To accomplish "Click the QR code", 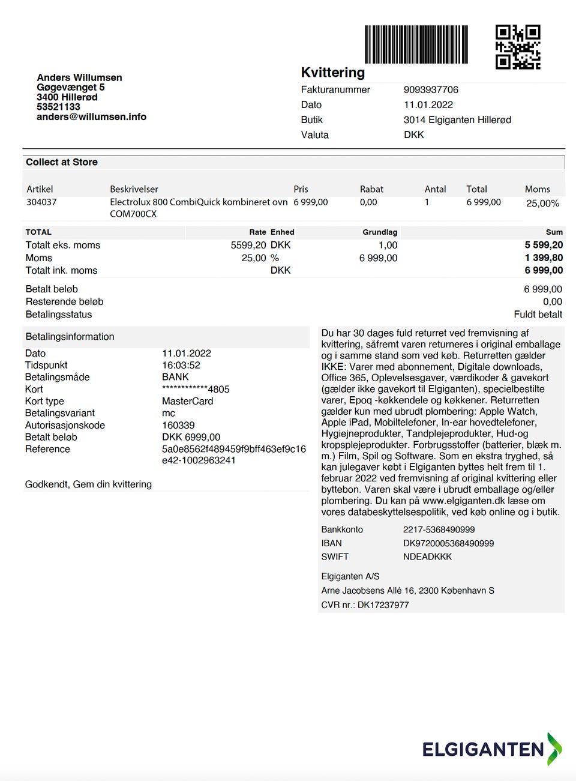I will click(x=518, y=47).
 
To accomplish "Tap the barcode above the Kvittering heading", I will click(x=416, y=44).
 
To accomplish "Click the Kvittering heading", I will click(x=332, y=73).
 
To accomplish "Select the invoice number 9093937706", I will click(x=431, y=89).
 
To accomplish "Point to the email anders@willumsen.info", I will click(x=91, y=116).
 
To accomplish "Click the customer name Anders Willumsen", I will click(x=79, y=77).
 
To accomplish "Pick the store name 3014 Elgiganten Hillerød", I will click(x=457, y=119).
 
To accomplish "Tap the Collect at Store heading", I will click(x=62, y=162).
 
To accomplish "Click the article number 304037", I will click(x=41, y=202).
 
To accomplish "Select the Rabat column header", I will click(x=371, y=189).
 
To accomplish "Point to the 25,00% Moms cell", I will click(x=542, y=203).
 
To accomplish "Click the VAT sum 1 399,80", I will click(x=544, y=258).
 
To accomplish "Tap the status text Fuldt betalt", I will click(x=538, y=314).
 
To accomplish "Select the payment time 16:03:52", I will click(x=181, y=365).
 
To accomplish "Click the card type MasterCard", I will click(x=187, y=401).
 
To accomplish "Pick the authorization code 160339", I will click(x=178, y=425).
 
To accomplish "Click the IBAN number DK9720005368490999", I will click(x=448, y=543).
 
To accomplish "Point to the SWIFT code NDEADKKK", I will click(x=427, y=556).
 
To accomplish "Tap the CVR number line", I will click(x=365, y=605).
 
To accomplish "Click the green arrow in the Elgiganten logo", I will click(x=554, y=748).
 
